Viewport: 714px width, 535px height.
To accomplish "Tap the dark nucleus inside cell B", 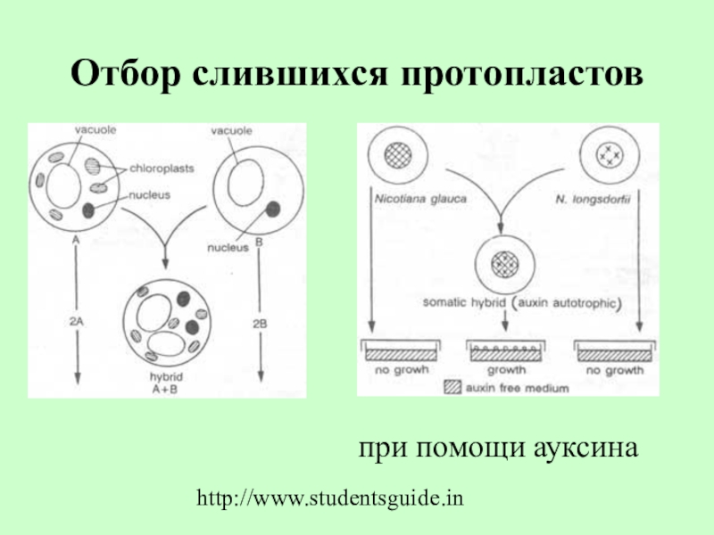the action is (x=273, y=210).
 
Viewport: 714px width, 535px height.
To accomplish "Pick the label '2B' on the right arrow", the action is (x=260, y=323).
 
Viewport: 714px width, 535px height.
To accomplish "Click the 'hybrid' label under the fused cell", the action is (x=166, y=376).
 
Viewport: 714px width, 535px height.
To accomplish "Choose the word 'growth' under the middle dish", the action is (x=504, y=368).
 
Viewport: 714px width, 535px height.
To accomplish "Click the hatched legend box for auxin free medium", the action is (x=452, y=388).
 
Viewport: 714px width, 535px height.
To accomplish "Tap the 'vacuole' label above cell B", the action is (x=228, y=130).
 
